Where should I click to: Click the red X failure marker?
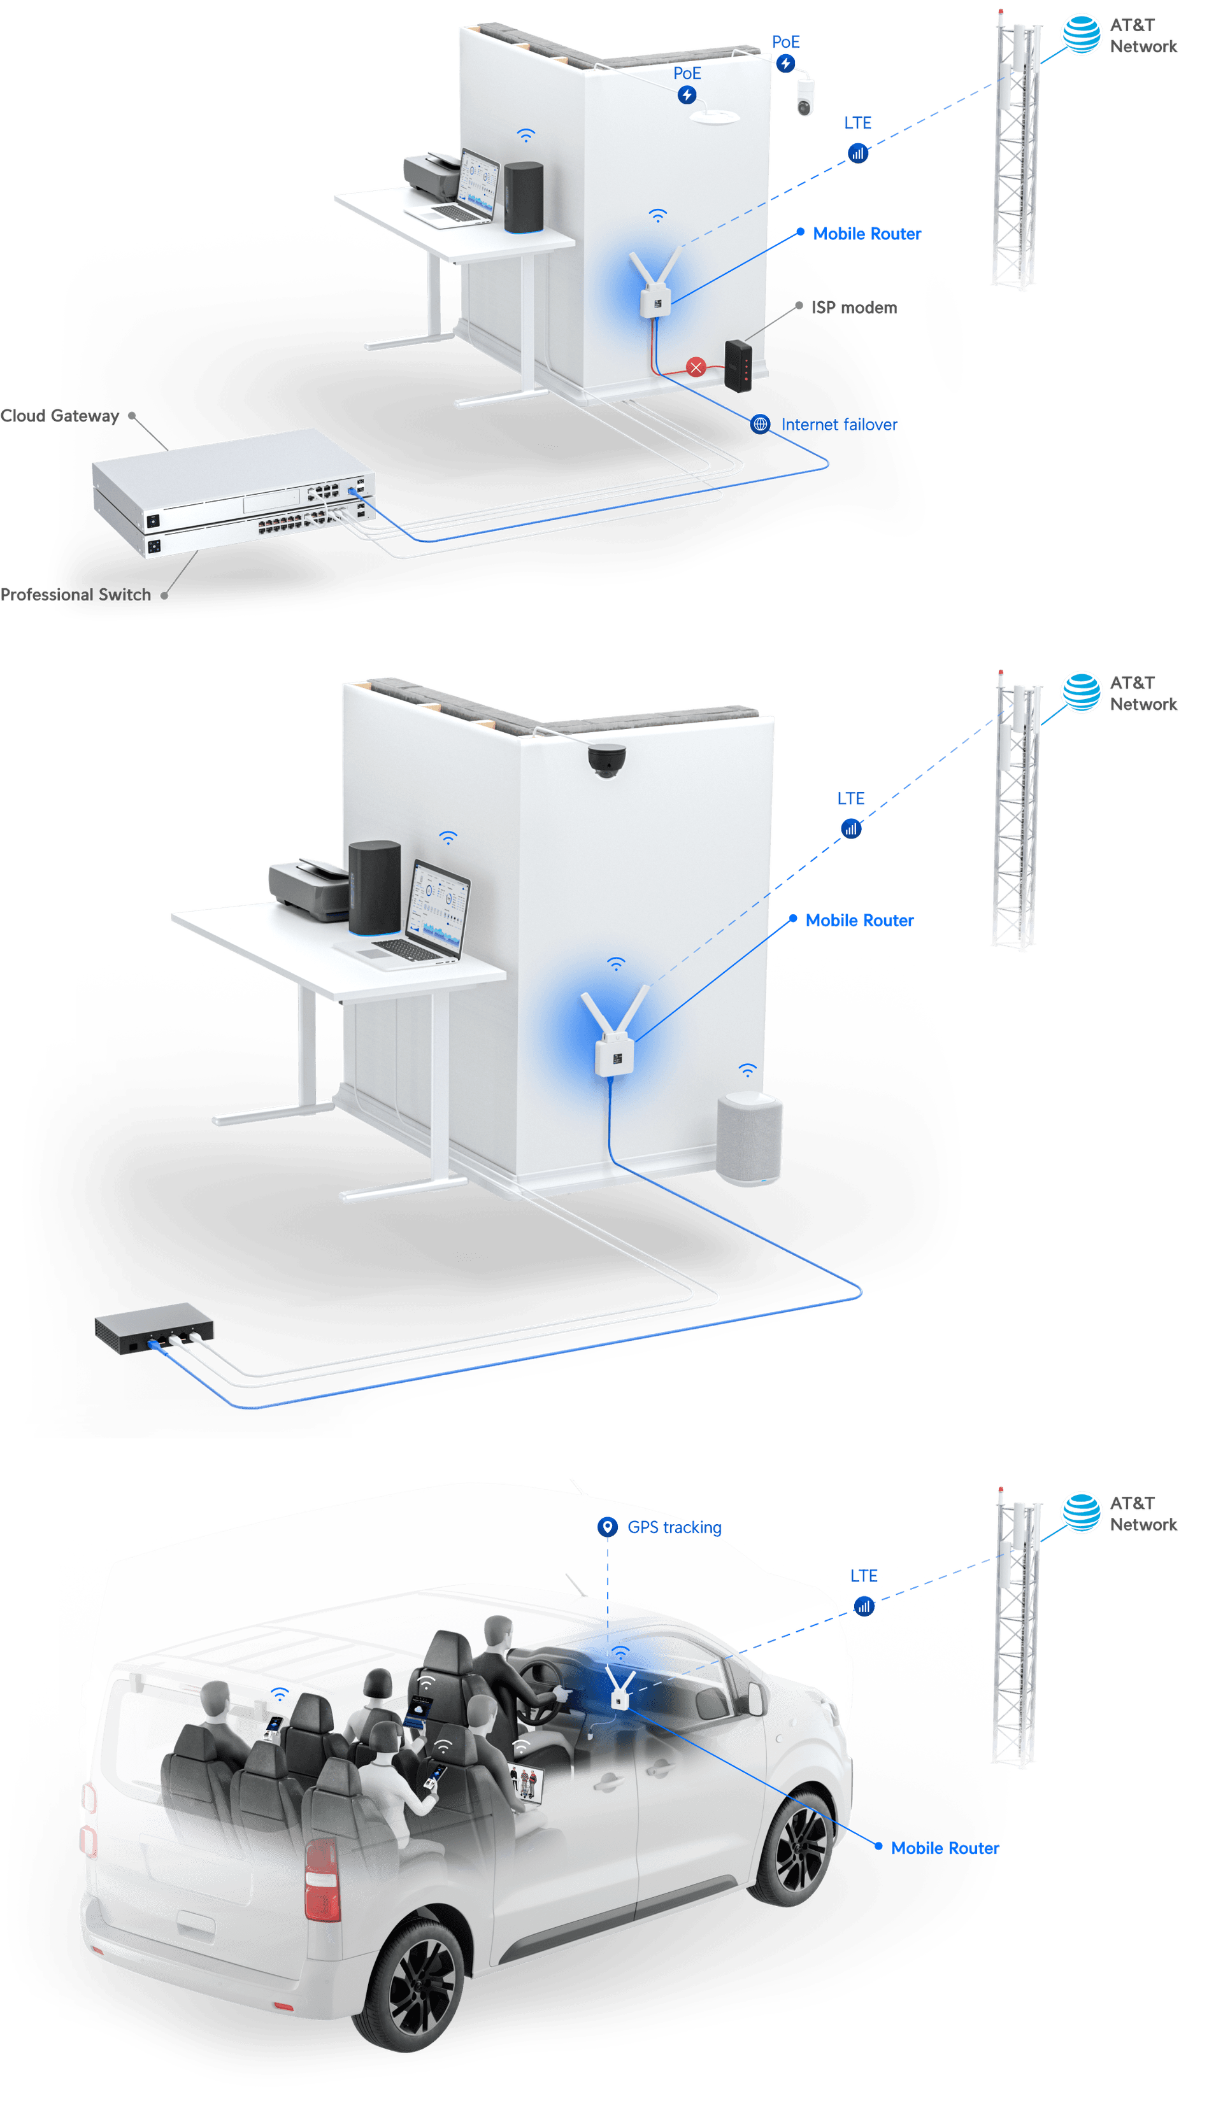(x=696, y=367)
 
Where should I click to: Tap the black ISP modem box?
(x=738, y=365)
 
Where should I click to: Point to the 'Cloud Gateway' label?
(x=59, y=415)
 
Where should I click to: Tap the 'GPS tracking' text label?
(x=674, y=1527)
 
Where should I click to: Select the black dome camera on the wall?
(x=606, y=760)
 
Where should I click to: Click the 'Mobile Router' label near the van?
(x=945, y=1848)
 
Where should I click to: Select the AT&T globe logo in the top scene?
(x=1081, y=34)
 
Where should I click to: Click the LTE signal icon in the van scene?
(x=864, y=1605)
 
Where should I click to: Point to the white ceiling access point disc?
(x=714, y=116)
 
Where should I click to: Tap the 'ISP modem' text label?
(x=855, y=308)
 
